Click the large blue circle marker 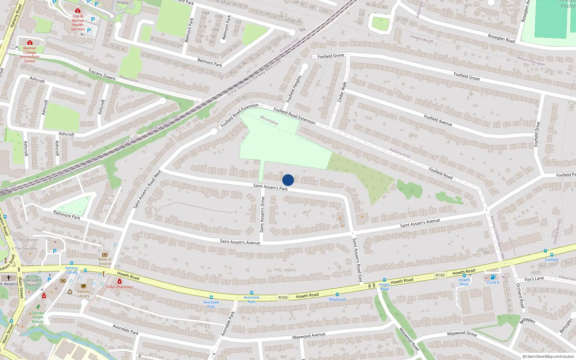click(288, 180)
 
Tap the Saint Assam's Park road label click(270, 187)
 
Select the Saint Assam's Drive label click(262, 214)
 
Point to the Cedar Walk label click(342, 92)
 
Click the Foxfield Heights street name click(294, 89)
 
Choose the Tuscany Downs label click(102, 75)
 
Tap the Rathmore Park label click(67, 215)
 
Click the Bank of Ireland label click(105, 261)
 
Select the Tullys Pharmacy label click(120, 287)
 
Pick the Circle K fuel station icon click(493, 277)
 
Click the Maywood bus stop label click(337, 300)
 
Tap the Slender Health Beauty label click(38, 317)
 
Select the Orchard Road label click(520, 296)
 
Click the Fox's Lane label click(534, 279)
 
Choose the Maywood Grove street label click(462, 334)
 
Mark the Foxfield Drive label click(537, 134)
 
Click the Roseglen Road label click(501, 39)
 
